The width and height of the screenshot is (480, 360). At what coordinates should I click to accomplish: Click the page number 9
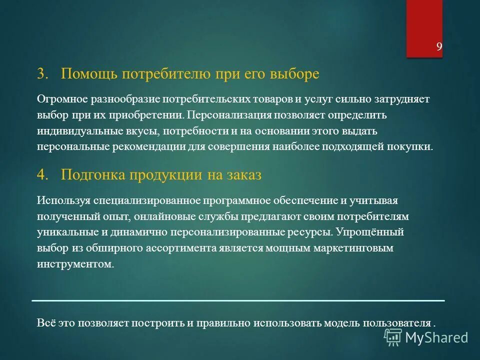click(x=439, y=47)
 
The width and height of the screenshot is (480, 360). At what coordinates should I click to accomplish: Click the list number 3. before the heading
click(x=43, y=74)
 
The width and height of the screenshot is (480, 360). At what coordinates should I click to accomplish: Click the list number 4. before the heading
click(x=43, y=175)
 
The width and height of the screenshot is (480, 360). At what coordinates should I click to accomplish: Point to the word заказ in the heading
click(x=242, y=175)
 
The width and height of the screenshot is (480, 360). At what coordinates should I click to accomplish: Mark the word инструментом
click(x=75, y=264)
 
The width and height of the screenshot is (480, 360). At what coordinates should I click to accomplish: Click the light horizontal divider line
click(x=238, y=300)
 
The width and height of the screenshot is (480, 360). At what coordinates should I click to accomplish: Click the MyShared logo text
click(x=436, y=337)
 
